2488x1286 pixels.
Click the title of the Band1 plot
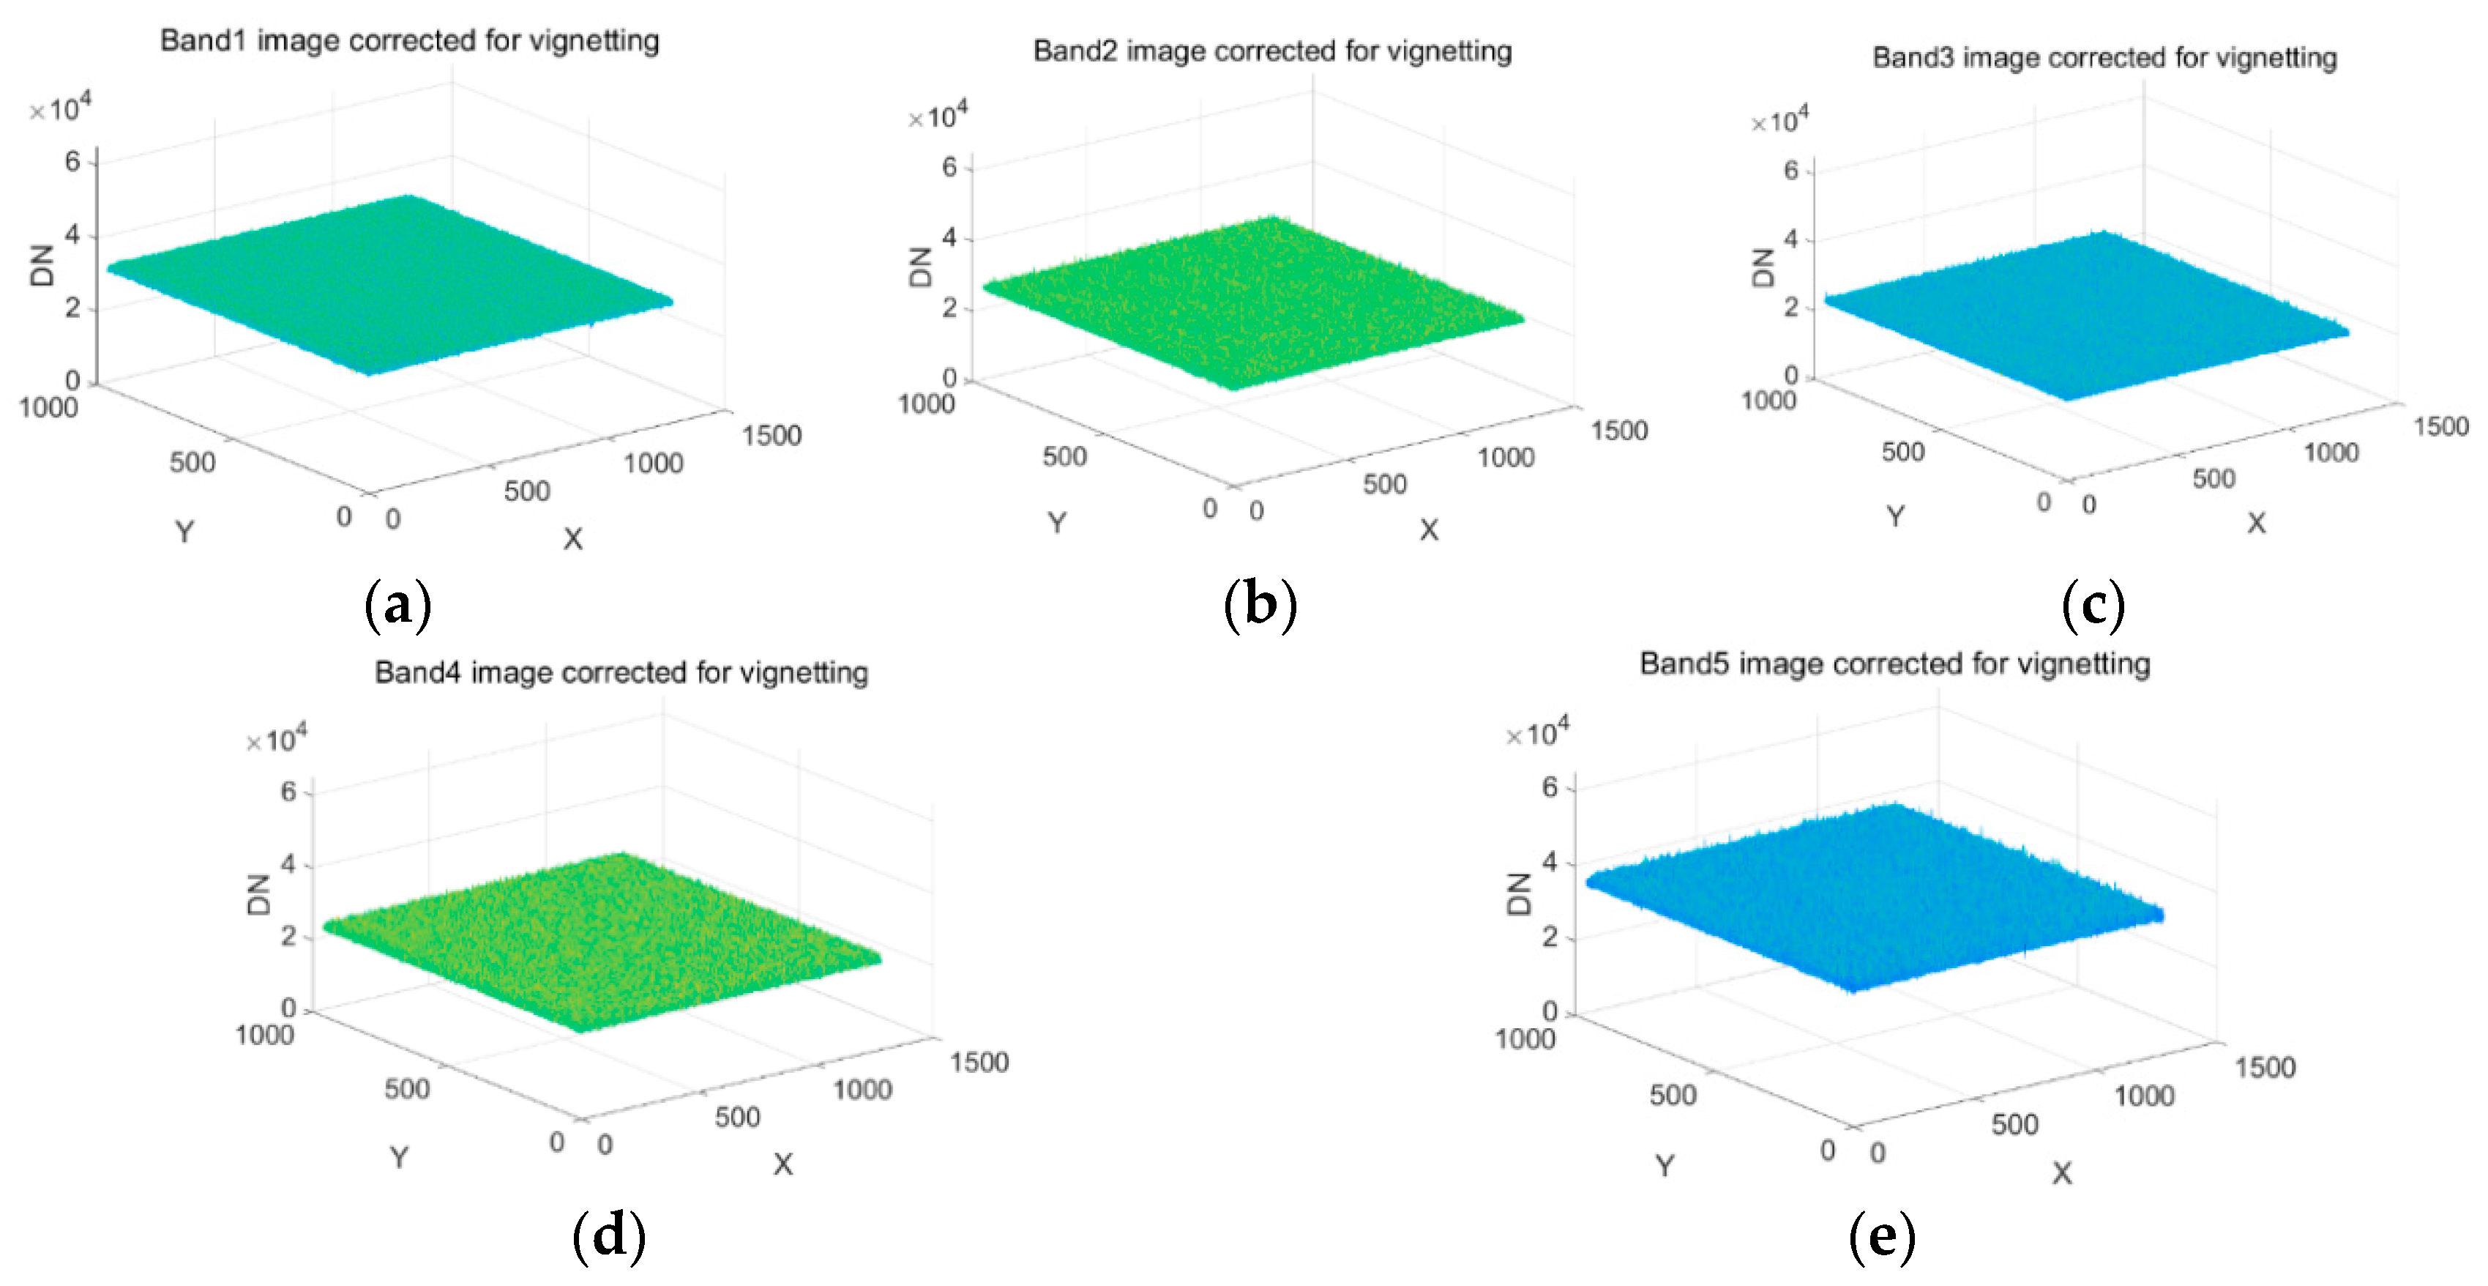409,40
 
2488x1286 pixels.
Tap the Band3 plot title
2104,58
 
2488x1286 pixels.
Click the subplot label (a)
397,606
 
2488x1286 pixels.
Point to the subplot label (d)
608,1235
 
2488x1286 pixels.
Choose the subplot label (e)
1880,1235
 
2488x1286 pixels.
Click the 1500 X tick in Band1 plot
771,436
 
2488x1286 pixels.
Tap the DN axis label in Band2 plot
920,267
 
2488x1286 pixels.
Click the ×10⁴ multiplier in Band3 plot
1779,121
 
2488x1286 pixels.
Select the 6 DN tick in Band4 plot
288,792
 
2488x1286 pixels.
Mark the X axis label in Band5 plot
2061,1173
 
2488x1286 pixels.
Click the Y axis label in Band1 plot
184,532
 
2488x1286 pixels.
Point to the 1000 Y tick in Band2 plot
925,404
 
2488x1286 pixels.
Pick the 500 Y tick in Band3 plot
1902,451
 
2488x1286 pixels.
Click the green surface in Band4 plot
599,942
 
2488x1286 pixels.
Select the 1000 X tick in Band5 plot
2143,1096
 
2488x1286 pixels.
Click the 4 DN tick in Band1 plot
72,235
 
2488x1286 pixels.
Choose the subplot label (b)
1260,606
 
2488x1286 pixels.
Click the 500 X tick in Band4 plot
737,1117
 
